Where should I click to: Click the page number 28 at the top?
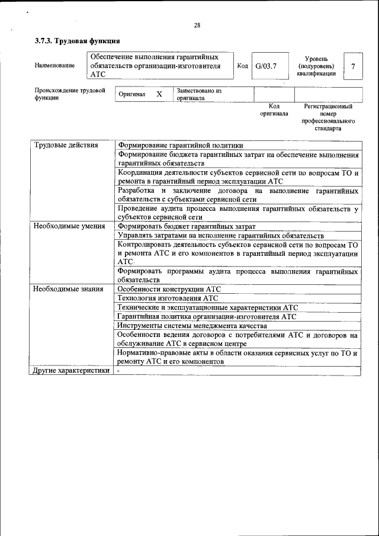(x=197, y=25)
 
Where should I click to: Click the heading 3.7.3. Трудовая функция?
(x=78, y=41)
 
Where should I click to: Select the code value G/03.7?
(x=266, y=66)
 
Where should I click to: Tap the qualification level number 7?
(x=353, y=66)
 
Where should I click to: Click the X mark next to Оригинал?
(x=159, y=94)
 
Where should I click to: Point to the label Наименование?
(x=54, y=66)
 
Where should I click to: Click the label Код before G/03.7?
(x=242, y=66)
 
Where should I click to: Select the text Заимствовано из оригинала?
(x=198, y=95)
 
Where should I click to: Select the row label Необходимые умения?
(x=69, y=226)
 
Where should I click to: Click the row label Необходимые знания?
(x=68, y=289)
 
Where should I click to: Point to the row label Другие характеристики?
(x=71, y=371)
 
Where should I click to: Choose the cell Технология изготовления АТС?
(x=168, y=299)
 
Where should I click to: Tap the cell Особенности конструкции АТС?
(x=169, y=289)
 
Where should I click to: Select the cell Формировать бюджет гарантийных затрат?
(x=187, y=226)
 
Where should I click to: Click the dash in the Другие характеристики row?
(x=118, y=371)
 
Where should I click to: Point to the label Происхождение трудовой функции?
(x=69, y=94)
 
